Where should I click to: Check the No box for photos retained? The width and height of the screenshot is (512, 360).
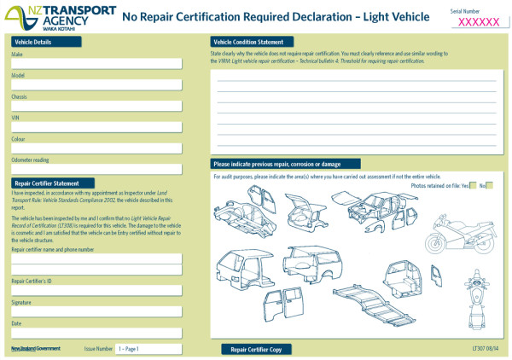(x=489, y=184)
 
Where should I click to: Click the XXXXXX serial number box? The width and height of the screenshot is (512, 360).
(x=479, y=22)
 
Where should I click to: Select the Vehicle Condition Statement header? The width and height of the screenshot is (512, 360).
(x=252, y=42)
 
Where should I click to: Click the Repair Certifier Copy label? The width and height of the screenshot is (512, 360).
(x=256, y=349)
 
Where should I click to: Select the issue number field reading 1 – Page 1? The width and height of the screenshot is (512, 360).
(x=148, y=349)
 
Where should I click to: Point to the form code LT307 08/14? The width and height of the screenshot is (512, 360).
(x=486, y=349)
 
